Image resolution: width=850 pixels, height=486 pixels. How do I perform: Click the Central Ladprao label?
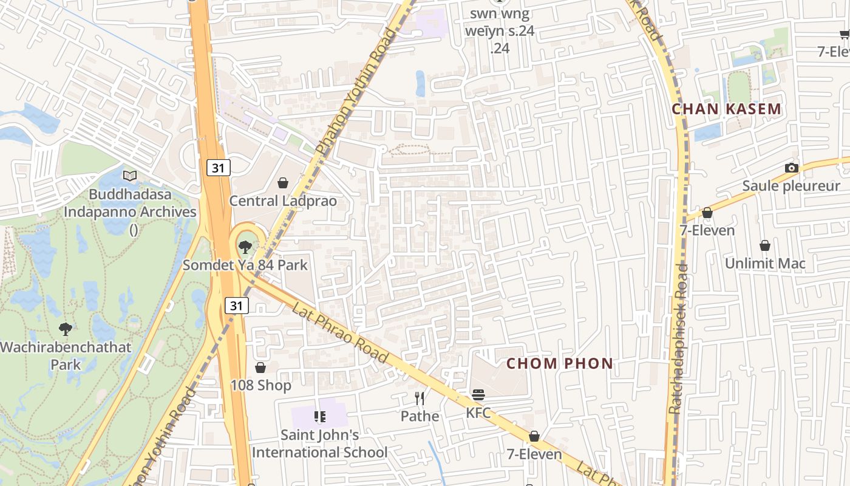coord(283,201)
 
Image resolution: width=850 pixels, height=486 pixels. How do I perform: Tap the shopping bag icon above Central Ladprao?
coord(283,183)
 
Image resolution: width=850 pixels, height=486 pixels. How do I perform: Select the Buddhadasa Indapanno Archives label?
coord(131,204)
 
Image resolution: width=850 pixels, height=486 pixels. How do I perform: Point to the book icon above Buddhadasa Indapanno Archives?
coord(130,176)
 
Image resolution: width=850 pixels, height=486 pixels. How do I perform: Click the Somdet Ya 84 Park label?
coord(245,265)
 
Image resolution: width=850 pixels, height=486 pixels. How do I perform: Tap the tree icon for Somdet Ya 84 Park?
coord(245,247)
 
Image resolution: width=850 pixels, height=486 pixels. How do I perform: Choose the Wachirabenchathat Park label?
coord(65,356)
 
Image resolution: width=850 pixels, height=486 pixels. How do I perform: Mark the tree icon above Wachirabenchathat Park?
coord(65,330)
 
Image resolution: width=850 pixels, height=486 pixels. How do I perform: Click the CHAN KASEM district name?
coord(726,109)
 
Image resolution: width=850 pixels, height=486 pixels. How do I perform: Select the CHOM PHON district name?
coord(560,364)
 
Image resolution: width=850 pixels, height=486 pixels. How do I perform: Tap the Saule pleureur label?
coord(791,186)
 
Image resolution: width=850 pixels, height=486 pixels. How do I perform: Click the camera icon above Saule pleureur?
coord(791,168)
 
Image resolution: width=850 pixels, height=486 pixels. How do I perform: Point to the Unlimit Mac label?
coord(765,264)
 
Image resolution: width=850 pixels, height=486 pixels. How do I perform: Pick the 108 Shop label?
coord(260,385)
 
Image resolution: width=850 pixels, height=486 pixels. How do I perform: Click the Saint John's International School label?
coord(319,443)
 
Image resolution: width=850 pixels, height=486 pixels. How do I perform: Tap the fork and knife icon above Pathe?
coord(419,399)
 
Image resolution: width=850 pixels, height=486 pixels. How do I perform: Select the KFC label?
coord(478,413)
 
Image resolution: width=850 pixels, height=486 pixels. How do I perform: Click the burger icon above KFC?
coord(478,395)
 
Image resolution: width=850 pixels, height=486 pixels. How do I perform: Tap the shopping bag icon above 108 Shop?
coord(260,368)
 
